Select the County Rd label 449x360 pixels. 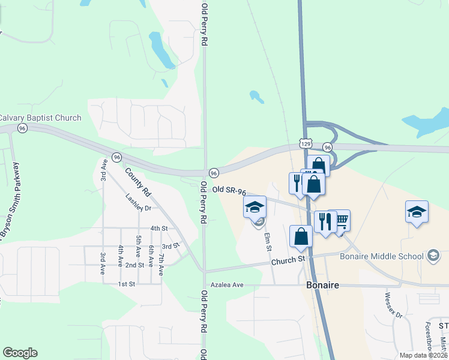[x=137, y=181]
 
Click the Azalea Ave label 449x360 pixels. [x=226, y=284]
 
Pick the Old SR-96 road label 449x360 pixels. [x=229, y=191]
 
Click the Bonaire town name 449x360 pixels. [x=322, y=285]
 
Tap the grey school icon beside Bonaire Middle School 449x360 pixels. [x=432, y=257]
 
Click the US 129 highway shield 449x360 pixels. [x=306, y=144]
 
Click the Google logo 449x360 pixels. [x=20, y=353]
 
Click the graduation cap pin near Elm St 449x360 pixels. [x=255, y=208]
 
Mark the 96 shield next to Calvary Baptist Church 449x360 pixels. [x=22, y=128]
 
